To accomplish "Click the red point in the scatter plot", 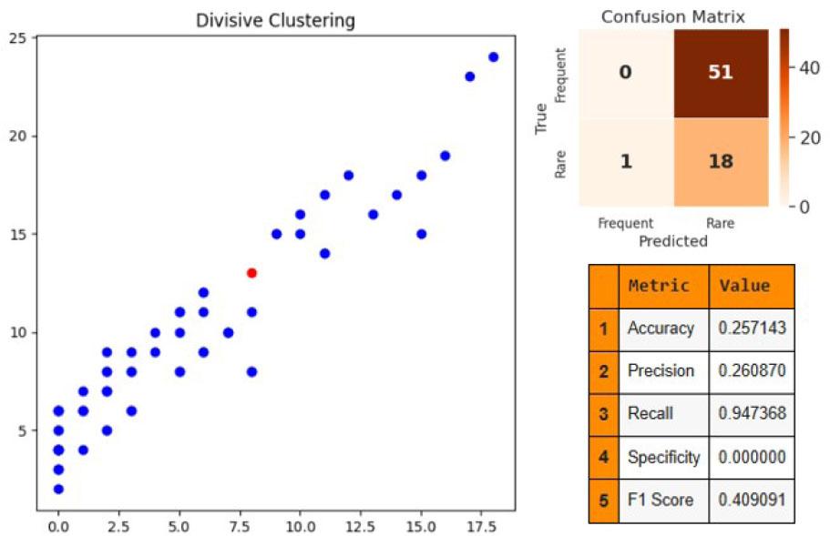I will pyautogui.click(x=251, y=273).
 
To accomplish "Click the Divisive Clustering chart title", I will pyautogui.click(x=275, y=20).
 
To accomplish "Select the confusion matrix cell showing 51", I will pyautogui.click(x=720, y=73).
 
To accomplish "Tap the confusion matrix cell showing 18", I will pyautogui.click(x=720, y=162).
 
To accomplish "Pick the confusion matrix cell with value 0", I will pyautogui.click(x=625, y=73).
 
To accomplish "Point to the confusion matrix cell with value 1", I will pyautogui.click(x=625, y=162).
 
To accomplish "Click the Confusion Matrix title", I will pyautogui.click(x=673, y=16).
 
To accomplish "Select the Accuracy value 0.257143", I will pyautogui.click(x=752, y=328).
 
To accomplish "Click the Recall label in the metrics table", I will pyautogui.click(x=651, y=413).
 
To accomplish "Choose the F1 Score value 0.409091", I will pyautogui.click(x=752, y=500).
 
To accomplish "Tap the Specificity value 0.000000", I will pyautogui.click(x=752, y=457).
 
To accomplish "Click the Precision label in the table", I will pyautogui.click(x=661, y=370).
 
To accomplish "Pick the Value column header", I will pyautogui.click(x=744, y=286).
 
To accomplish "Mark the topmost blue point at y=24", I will pyautogui.click(x=494, y=56).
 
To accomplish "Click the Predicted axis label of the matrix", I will pyautogui.click(x=673, y=241).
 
